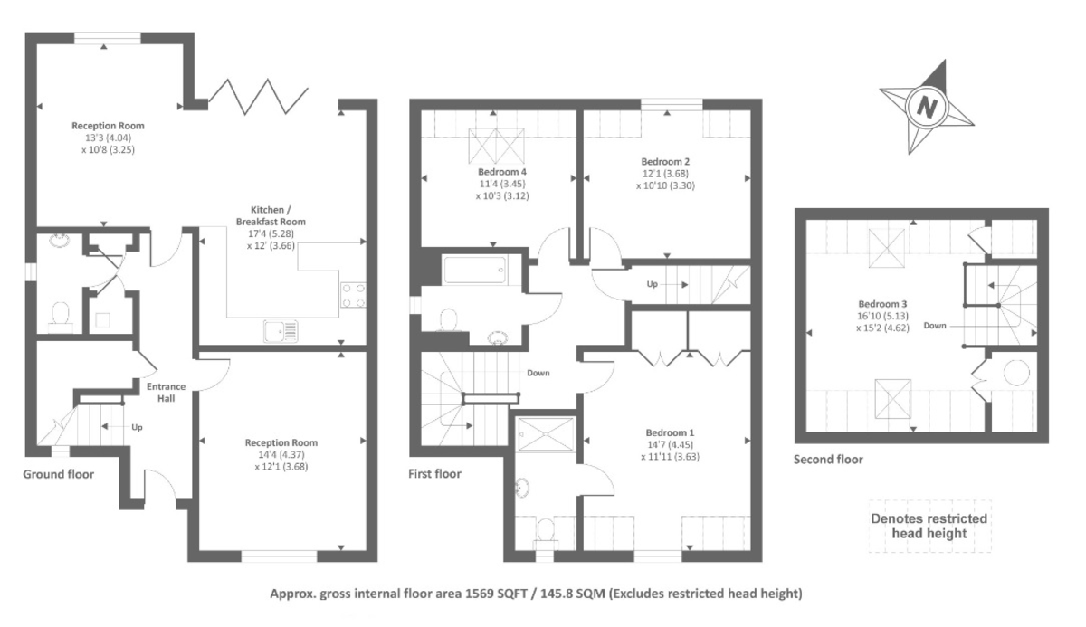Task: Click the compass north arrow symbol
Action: pyautogui.click(x=926, y=107)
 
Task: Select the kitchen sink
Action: pyautogui.click(x=281, y=331)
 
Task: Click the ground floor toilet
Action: pyautogui.click(x=62, y=314)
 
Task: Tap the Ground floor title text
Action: pyautogui.click(x=58, y=473)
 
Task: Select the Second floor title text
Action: pyautogui.click(x=828, y=459)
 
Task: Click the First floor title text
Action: pyautogui.click(x=435, y=473)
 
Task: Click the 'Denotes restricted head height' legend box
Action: pyautogui.click(x=929, y=526)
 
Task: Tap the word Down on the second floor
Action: pyautogui.click(x=935, y=324)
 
